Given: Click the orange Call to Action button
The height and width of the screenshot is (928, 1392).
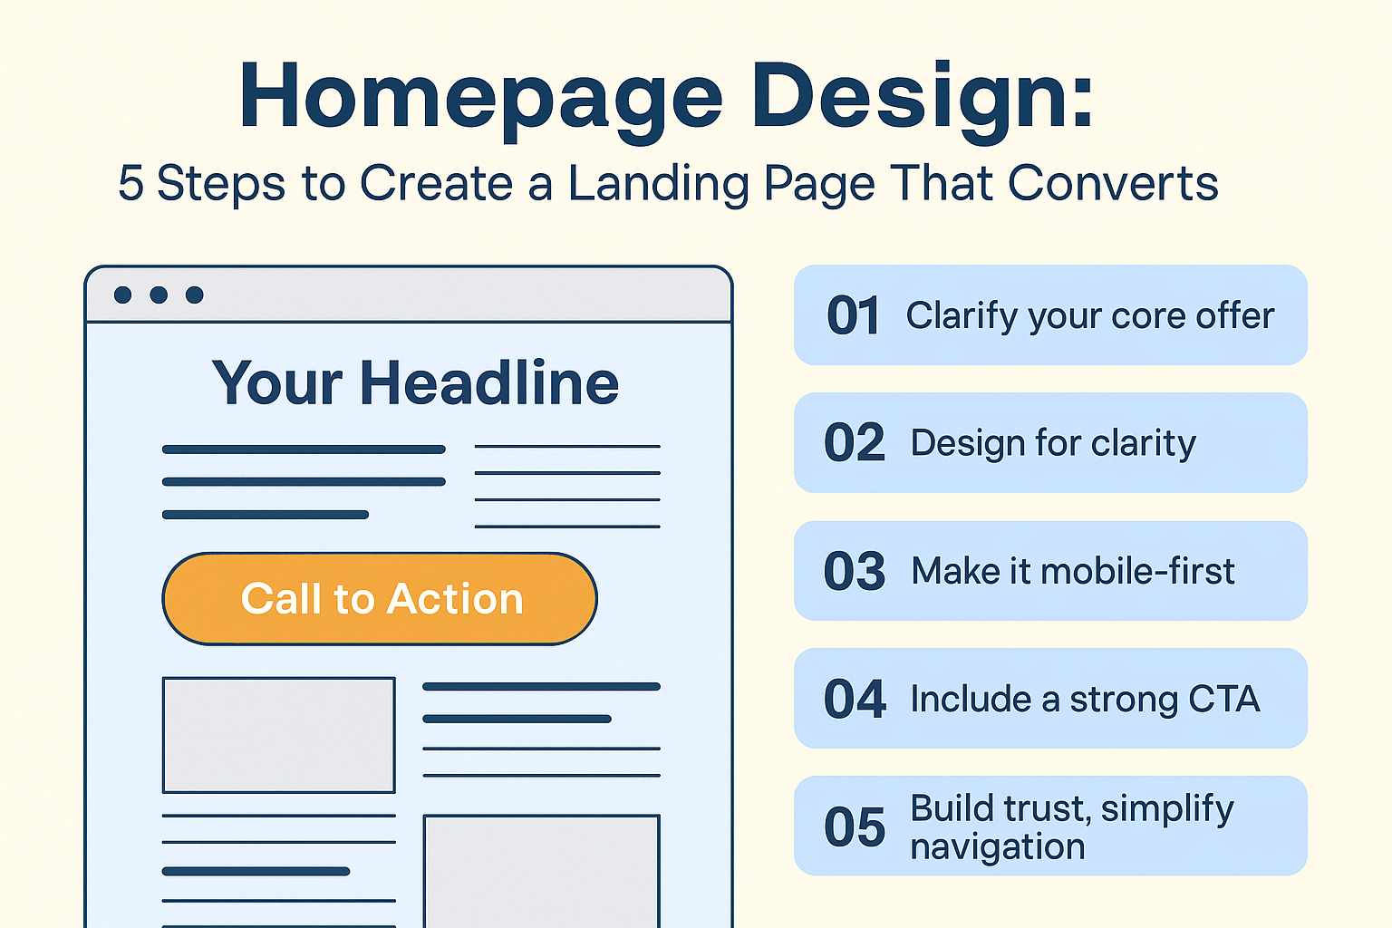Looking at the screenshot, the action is [380, 598].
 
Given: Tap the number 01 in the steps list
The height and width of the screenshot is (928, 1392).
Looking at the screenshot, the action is [853, 315].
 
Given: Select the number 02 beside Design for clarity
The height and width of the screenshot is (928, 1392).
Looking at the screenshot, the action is [855, 442].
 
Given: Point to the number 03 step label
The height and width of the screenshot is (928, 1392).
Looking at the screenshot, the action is [855, 571].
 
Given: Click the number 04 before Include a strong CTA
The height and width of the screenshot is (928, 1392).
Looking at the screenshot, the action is [855, 700].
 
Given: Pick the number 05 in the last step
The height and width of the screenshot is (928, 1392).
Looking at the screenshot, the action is [855, 827].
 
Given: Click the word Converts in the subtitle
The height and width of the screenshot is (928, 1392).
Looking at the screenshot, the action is [1112, 183].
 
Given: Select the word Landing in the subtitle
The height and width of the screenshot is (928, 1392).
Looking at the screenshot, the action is [659, 185].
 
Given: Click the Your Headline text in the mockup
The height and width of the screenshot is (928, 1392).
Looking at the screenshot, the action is [415, 382].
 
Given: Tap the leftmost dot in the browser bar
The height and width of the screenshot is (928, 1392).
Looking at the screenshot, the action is [122, 295].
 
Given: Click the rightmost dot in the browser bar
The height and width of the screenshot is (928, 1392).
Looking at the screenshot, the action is [195, 295].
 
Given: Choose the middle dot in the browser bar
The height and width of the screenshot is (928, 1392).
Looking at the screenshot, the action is [159, 295].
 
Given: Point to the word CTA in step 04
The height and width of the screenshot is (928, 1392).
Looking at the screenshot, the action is [1224, 700].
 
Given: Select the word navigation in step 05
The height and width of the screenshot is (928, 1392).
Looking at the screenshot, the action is [998, 846].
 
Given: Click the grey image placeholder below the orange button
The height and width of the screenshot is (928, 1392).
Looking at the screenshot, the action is [278, 735].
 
